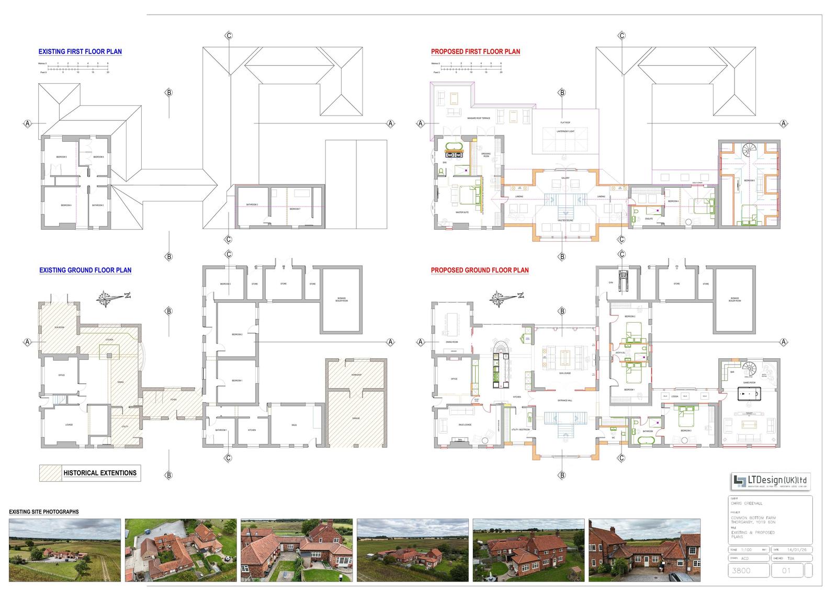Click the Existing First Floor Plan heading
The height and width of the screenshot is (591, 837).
(x=80, y=52)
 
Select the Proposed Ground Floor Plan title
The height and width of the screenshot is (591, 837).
(x=479, y=270)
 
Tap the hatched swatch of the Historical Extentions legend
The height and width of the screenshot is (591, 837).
(x=50, y=473)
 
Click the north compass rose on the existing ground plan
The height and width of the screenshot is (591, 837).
(x=108, y=299)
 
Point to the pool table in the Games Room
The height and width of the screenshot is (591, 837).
(x=749, y=393)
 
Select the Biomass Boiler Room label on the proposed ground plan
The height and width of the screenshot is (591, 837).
(x=734, y=300)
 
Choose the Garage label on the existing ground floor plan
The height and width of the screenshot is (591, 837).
(x=356, y=418)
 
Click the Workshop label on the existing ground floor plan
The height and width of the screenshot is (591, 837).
(x=357, y=376)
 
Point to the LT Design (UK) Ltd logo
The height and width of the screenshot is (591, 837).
(x=771, y=480)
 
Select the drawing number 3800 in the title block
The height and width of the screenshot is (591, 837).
(x=743, y=571)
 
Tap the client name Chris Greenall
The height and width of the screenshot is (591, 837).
(x=747, y=503)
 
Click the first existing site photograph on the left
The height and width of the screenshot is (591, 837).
(x=65, y=550)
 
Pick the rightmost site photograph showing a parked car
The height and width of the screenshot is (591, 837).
(x=644, y=550)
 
